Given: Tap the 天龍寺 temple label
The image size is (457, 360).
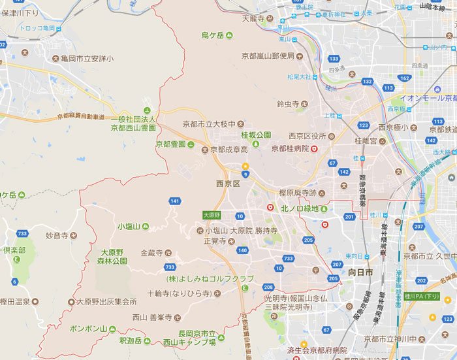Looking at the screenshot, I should coord(252,18).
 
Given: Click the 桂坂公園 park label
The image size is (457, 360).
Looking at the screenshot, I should coord(256,135).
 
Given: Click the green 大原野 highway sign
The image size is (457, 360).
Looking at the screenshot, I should coord(212,214).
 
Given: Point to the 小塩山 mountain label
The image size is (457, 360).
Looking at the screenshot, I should coord(129,226).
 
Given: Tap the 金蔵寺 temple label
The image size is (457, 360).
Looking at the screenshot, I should coord(153,252).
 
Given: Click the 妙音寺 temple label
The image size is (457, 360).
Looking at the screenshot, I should coord(57,235).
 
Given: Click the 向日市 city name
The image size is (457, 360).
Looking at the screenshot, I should coord(360,271).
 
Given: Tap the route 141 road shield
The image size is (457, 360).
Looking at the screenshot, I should coord(174,201).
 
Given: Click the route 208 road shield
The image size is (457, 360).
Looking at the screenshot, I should coord(268,287).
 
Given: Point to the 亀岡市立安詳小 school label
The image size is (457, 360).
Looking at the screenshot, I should coord(83,59).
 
